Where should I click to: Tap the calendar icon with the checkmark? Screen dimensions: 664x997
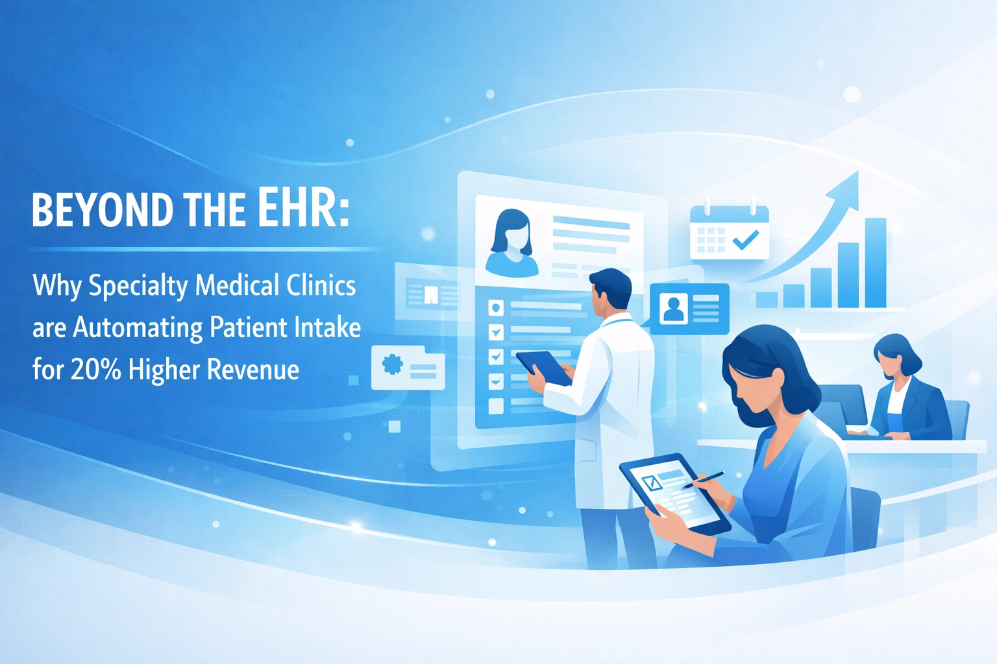(729, 232)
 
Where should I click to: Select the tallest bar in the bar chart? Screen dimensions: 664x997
(875, 263)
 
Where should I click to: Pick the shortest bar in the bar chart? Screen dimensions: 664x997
(767, 299)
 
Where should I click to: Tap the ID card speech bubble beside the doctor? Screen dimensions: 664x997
(689, 309)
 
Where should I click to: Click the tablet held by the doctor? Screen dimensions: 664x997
(544, 366)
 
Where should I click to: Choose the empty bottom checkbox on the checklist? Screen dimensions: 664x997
(496, 406)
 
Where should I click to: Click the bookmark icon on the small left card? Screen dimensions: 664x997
(430, 296)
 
